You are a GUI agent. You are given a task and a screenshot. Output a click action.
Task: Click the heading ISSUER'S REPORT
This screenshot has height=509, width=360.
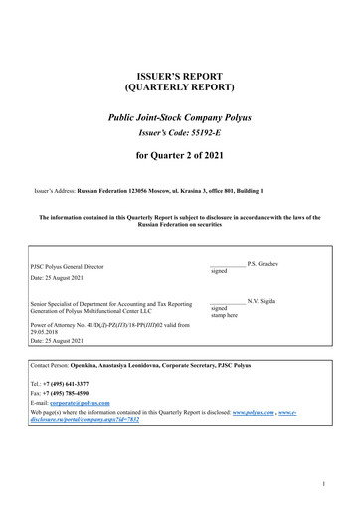pyautogui.click(x=179, y=76)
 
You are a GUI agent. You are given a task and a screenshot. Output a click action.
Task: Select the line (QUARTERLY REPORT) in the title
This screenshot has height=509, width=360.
pyautogui.click(x=179, y=87)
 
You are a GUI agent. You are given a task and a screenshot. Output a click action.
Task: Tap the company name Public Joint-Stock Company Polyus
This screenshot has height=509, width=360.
pyautogui.click(x=179, y=118)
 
